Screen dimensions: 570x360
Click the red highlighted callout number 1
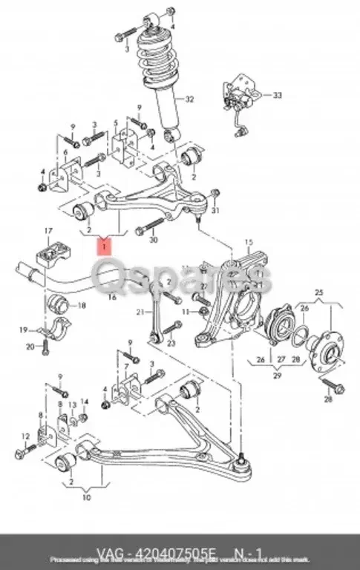pos(105,245)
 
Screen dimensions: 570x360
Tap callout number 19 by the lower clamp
pos(24,330)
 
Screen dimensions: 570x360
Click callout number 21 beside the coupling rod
pos(139,313)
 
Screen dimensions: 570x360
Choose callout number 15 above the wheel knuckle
pos(249,242)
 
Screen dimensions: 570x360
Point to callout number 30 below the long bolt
pos(153,240)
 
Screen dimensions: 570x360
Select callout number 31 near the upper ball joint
pos(217,212)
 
